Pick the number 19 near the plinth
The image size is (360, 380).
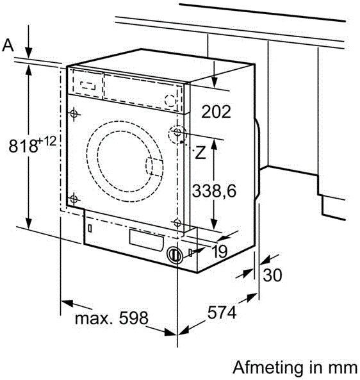pyautogui.click(x=219, y=252)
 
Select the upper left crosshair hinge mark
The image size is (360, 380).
pyautogui.click(x=75, y=115)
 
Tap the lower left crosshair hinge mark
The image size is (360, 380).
pyautogui.click(x=75, y=199)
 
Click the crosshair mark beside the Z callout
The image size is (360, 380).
pyautogui.click(x=177, y=134)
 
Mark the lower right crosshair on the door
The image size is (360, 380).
pyautogui.click(x=176, y=223)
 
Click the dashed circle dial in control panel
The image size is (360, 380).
pyautogui.click(x=168, y=101)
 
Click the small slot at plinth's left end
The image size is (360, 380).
pyautogui.click(x=90, y=227)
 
